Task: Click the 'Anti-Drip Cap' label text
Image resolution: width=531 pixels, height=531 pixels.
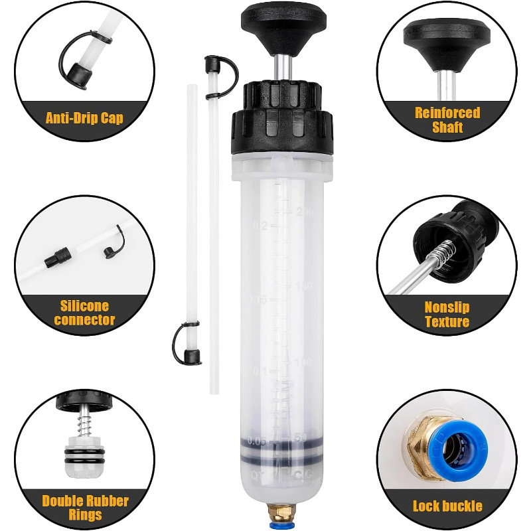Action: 84,119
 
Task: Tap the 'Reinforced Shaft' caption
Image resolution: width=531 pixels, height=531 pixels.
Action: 447,120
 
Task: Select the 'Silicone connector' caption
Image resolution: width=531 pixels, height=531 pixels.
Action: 84,313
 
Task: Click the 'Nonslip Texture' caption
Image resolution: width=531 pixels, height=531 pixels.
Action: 447,315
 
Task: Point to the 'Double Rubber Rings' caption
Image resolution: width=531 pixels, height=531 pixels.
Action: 85,508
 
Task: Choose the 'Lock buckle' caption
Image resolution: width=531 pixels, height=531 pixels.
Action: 447,506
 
